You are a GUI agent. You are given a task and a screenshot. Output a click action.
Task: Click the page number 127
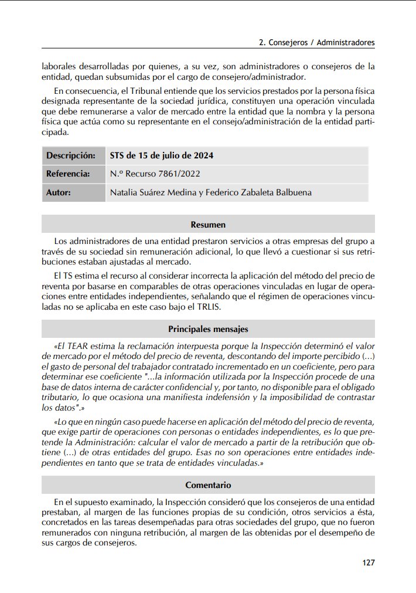[368, 562]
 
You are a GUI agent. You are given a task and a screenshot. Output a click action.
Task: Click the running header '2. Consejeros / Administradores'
[316, 43]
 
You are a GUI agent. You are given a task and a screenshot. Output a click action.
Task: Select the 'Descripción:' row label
[71, 155]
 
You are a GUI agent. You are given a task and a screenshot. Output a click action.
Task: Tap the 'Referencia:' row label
[68, 174]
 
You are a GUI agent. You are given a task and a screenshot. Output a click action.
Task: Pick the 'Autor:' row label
[59, 192]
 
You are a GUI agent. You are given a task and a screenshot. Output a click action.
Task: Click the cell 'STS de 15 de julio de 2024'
[162, 155]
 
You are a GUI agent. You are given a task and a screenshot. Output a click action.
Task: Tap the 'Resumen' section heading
[208, 225]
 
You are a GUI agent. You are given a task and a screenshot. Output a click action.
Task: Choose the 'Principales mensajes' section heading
[208, 329]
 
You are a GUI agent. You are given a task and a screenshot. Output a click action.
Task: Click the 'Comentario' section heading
[208, 485]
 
